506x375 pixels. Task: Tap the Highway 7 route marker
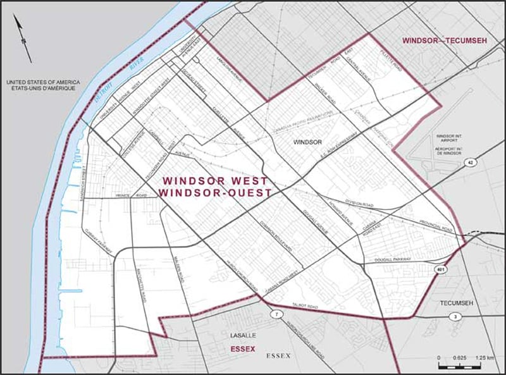tap(275, 314)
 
